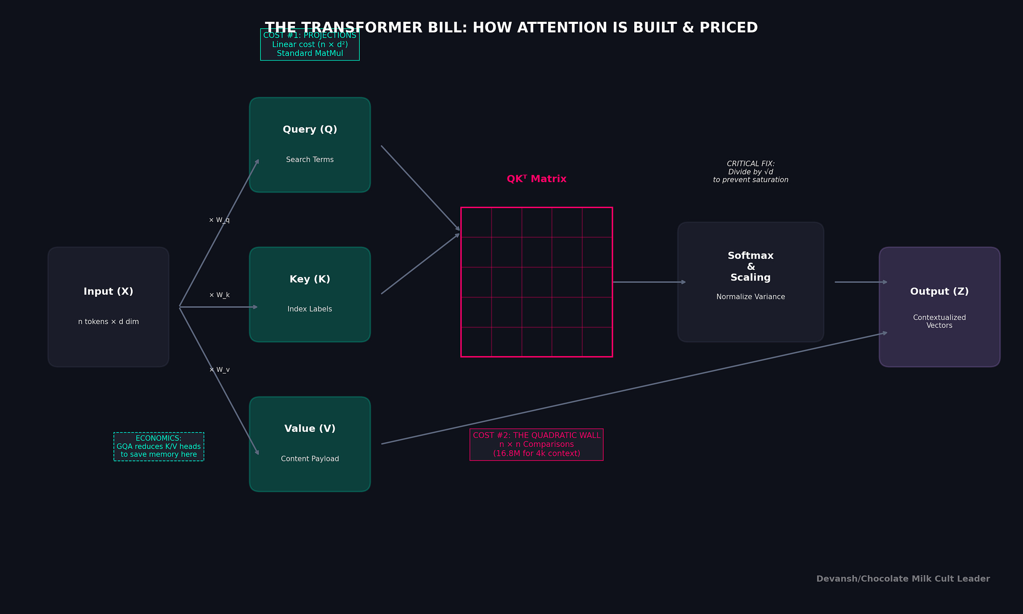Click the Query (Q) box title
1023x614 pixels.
pyautogui.click(x=310, y=130)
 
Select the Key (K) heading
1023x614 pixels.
pyautogui.click(x=310, y=279)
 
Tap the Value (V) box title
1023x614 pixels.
pyautogui.click(x=310, y=429)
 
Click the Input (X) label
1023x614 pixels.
pyautogui.click(x=108, y=292)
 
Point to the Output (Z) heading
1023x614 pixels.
pyautogui.click(x=939, y=292)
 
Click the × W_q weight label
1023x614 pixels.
pyautogui.click(x=219, y=220)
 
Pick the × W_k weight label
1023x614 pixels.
pyautogui.click(x=219, y=295)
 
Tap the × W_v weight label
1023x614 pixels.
pyautogui.click(x=219, y=370)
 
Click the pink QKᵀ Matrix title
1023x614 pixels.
pyautogui.click(x=536, y=179)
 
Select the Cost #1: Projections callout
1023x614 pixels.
pyautogui.click(x=310, y=44)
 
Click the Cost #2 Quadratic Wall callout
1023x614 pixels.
pyautogui.click(x=536, y=444)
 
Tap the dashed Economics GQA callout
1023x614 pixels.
pyautogui.click(x=159, y=446)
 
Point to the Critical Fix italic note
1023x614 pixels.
pyautogui.click(x=751, y=172)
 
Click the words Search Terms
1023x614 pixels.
pyautogui.click(x=310, y=159)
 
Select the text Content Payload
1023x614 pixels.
pyautogui.click(x=310, y=459)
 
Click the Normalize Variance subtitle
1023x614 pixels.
pyautogui.click(x=751, y=297)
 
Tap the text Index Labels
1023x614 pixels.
pyautogui.click(x=310, y=309)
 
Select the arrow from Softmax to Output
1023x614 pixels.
pyautogui.click(x=860, y=282)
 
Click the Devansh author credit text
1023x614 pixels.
pyautogui.click(x=903, y=579)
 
